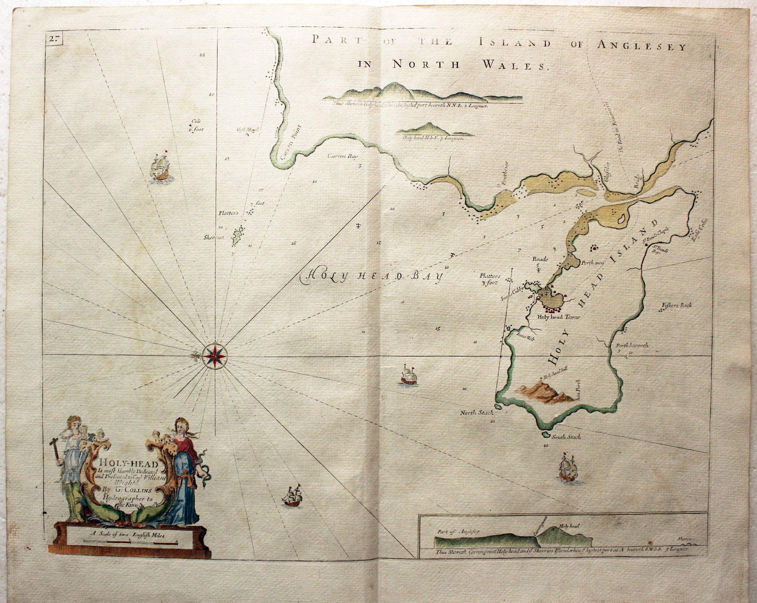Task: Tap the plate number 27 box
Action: click(x=54, y=39)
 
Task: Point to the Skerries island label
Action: click(x=213, y=237)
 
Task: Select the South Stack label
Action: click(x=566, y=437)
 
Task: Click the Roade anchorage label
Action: click(x=540, y=259)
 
